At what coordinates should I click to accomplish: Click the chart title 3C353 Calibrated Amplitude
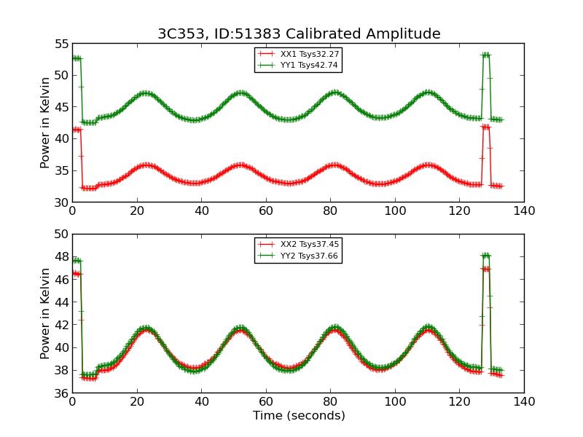pos(299,34)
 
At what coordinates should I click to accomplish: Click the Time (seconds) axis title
pos(299,416)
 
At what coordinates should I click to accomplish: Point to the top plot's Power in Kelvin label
pos(46,122)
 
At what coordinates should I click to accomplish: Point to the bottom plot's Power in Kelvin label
pos(46,313)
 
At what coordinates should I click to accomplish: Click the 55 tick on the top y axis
pos(60,44)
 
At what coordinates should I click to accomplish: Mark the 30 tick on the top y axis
pos(60,202)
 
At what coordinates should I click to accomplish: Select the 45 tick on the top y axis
pos(60,107)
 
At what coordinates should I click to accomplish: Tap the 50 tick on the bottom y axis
pos(60,235)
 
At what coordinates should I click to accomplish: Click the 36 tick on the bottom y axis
pos(60,393)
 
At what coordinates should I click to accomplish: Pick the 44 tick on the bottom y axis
pos(60,302)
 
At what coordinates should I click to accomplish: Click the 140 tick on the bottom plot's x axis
pos(524,402)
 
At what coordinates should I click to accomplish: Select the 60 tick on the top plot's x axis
pos(266,211)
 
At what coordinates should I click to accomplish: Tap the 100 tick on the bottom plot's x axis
pos(395,402)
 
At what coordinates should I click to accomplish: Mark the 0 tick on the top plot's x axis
pos(72,211)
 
